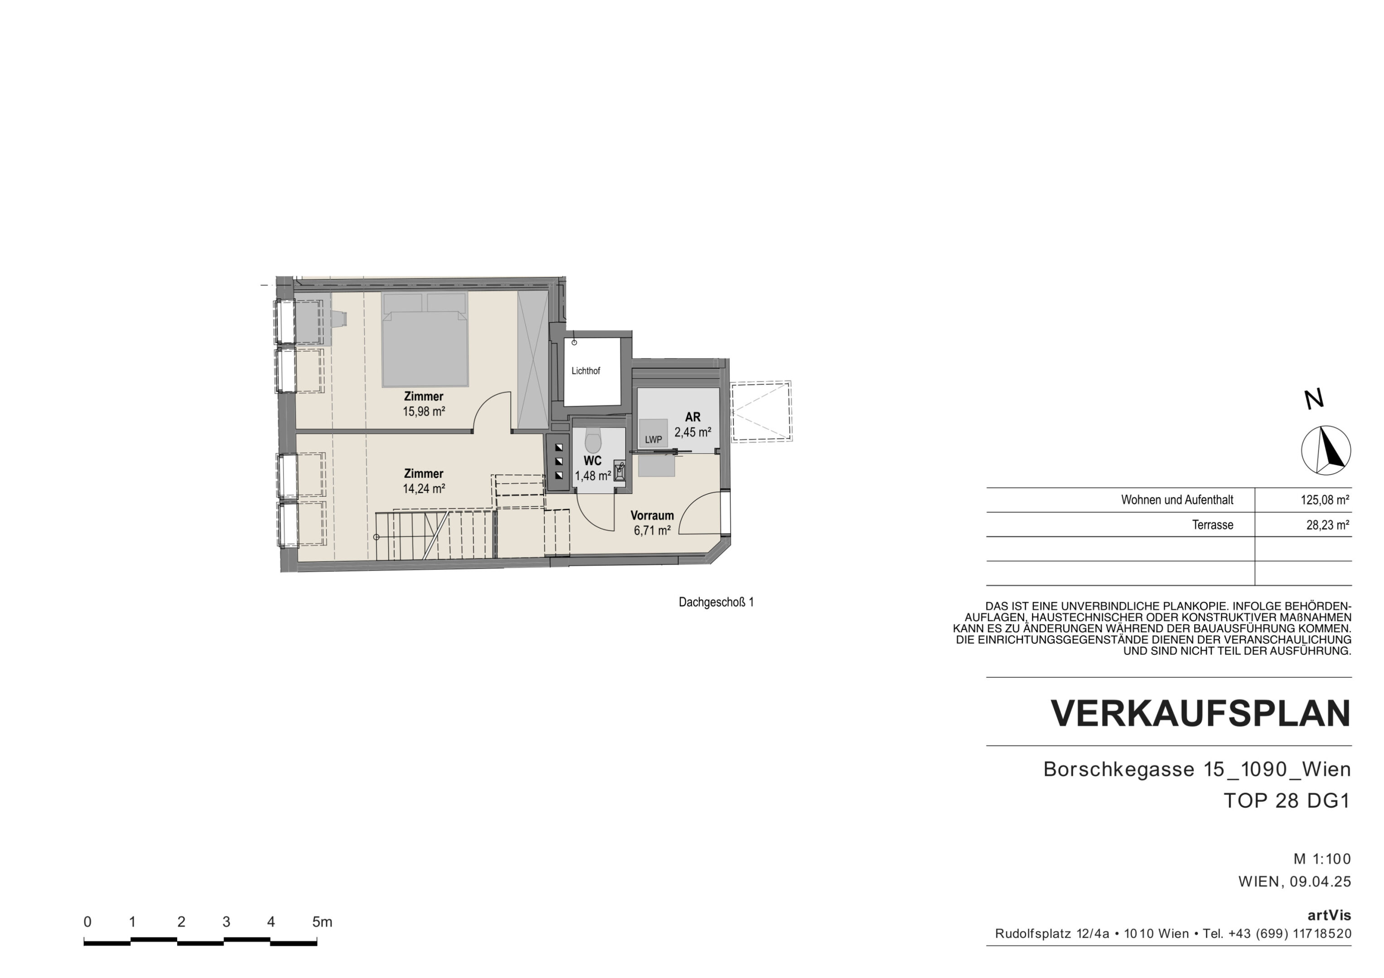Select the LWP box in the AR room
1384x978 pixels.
[x=653, y=433]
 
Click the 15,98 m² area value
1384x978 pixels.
[x=424, y=412]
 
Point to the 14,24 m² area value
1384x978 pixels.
[x=424, y=489]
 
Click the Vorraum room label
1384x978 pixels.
[x=652, y=516]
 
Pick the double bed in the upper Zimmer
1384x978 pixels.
[x=425, y=339]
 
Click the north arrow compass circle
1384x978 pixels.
[x=1326, y=450]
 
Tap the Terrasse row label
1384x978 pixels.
[x=1212, y=525]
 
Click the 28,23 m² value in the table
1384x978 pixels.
[x=1327, y=525]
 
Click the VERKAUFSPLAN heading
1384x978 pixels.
[x=1201, y=714]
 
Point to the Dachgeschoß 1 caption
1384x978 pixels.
[x=716, y=602]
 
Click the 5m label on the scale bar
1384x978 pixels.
[x=323, y=921]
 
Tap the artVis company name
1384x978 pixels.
[x=1329, y=916]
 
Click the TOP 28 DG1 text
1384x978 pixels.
[x=1287, y=801]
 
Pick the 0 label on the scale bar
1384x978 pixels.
[x=87, y=921]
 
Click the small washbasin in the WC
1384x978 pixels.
[x=620, y=470]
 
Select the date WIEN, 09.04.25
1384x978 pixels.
[x=1295, y=882]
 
